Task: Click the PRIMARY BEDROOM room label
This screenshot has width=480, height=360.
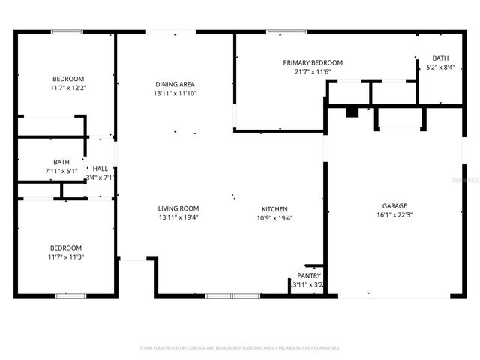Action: point(313,62)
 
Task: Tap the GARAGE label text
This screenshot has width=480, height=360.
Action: point(394,205)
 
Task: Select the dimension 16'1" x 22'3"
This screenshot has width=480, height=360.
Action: point(394,214)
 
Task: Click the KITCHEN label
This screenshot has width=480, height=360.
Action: point(274,209)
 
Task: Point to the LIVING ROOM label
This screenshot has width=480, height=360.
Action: point(178,208)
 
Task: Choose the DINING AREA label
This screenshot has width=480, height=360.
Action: point(175,84)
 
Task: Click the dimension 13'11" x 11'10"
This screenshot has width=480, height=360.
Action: point(175,93)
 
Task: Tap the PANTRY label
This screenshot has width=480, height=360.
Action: point(309,275)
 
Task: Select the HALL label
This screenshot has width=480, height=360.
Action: point(100,169)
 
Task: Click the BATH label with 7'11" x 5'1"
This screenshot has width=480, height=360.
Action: point(61,161)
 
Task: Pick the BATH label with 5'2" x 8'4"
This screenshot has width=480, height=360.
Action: point(440,58)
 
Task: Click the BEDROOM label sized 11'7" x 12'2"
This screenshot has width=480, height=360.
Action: point(67,79)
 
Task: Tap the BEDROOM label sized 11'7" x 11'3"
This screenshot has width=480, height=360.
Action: point(66,247)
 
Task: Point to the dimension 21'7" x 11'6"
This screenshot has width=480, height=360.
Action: point(313,71)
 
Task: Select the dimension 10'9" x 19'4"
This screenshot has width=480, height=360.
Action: point(274,218)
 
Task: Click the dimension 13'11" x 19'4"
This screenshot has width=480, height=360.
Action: point(178,217)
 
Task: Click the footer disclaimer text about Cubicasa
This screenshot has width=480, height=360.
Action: point(240,348)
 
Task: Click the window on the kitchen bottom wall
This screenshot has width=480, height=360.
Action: point(222,295)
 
